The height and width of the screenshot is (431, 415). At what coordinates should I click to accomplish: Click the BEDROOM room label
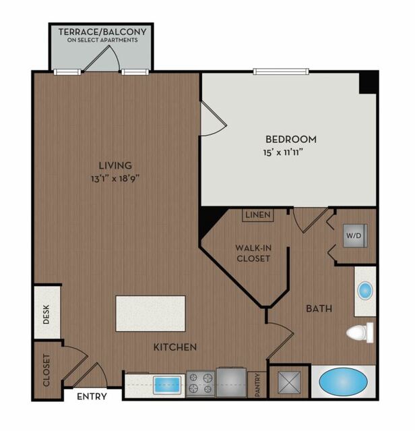pyautogui.click(x=291, y=139)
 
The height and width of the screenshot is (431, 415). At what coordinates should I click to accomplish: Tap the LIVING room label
pyautogui.click(x=115, y=165)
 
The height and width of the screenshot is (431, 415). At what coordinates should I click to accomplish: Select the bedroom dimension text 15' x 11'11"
pyautogui.click(x=283, y=152)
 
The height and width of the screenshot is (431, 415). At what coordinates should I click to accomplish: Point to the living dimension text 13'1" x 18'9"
pyautogui.click(x=115, y=179)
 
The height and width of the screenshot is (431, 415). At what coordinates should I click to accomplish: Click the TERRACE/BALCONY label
pyautogui.click(x=102, y=32)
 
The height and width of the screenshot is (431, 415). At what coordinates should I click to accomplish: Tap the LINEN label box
pyautogui.click(x=258, y=215)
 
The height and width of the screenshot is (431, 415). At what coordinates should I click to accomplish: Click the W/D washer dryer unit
pyautogui.click(x=355, y=235)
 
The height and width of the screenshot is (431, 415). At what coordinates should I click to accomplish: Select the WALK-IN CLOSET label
pyautogui.click(x=253, y=253)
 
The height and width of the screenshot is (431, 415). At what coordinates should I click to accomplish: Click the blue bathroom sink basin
pyautogui.click(x=365, y=290)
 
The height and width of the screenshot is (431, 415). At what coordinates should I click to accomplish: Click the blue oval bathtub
pyautogui.click(x=344, y=382)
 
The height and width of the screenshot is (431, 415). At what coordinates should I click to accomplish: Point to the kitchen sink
pyautogui.click(x=167, y=384)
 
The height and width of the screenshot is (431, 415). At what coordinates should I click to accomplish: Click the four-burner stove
pyautogui.click(x=200, y=384)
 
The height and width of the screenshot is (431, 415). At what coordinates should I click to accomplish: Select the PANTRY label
pyautogui.click(x=257, y=385)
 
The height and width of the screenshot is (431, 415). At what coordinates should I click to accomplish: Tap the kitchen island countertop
pyautogui.click(x=151, y=314)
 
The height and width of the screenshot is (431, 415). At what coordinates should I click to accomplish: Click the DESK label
pyautogui.click(x=46, y=314)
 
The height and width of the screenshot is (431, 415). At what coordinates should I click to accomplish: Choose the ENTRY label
pyautogui.click(x=92, y=397)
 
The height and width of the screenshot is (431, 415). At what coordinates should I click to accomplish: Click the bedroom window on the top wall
pyautogui.click(x=281, y=71)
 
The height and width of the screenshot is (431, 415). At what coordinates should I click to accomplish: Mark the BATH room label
pyautogui.click(x=319, y=308)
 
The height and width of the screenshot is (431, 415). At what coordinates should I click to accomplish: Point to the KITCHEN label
pyautogui.click(x=175, y=347)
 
